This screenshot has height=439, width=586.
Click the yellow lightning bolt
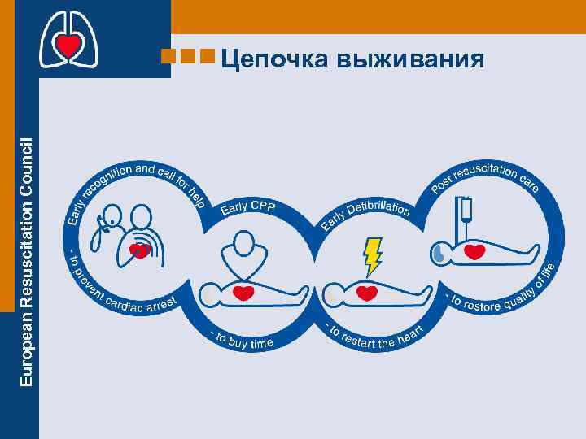click(373, 255)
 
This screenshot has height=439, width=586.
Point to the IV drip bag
click(467, 210)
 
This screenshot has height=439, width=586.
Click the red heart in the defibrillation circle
click(367, 292)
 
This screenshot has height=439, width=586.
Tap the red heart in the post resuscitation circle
click(474, 253)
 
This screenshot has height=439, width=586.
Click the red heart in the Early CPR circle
click(243, 292)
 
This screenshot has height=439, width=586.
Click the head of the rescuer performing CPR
click(243, 241)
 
